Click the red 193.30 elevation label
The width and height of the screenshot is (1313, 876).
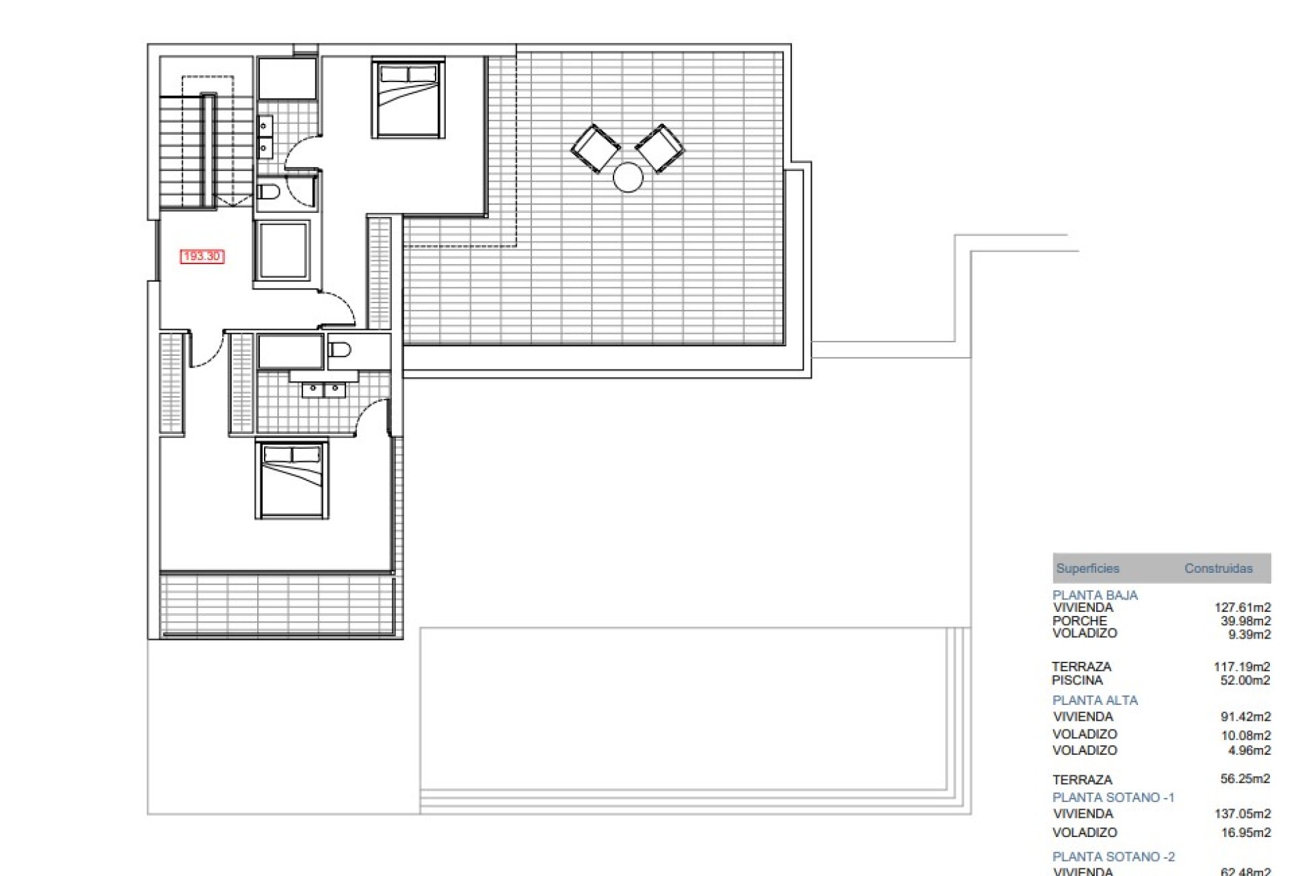202,256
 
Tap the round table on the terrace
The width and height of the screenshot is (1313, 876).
628,177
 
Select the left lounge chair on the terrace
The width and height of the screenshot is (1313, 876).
595,148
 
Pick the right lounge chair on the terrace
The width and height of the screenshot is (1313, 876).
659,147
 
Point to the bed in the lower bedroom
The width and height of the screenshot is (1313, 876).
292,480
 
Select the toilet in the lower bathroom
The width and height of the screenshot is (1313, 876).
339,350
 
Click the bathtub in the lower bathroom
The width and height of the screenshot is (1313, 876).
290,352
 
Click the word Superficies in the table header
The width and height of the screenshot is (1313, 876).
1087,568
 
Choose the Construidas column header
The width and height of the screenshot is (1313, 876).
1218,568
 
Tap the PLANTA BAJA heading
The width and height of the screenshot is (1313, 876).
1095,595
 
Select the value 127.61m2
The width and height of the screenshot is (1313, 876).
1242,607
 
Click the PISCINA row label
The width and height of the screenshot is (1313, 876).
1077,680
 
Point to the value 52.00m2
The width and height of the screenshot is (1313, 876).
1245,680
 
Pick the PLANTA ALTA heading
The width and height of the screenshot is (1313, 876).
1095,700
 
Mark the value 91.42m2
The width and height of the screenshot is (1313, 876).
1245,717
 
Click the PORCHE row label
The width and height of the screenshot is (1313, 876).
1079,621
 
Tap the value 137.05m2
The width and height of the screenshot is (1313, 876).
1242,814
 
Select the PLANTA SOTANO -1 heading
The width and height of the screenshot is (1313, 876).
1113,797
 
